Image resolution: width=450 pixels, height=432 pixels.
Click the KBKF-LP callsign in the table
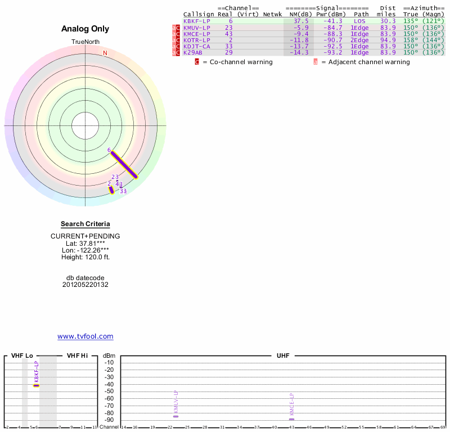point(196,21)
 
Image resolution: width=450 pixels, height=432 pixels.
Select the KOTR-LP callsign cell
point(196,40)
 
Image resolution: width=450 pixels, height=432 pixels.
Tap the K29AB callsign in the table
point(193,52)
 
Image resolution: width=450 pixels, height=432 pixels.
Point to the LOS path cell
point(359,21)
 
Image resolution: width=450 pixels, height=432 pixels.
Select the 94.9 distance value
point(388,40)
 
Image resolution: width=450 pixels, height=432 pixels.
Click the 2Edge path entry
point(359,40)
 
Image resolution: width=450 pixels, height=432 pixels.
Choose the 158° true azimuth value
point(411,40)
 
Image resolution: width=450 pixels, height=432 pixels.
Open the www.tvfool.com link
point(85,336)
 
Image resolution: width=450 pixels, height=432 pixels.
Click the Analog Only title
point(85,29)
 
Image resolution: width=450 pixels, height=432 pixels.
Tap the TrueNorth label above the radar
point(85,42)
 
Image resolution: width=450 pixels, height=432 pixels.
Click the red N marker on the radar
point(105,53)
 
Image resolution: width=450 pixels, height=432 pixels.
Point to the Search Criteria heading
point(85,224)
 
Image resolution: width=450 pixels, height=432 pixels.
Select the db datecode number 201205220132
point(85,285)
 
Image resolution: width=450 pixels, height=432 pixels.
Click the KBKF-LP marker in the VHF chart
point(37,385)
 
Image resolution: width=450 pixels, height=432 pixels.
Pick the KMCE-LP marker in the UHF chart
point(291,419)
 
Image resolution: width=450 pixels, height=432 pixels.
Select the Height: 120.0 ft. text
point(85,257)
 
